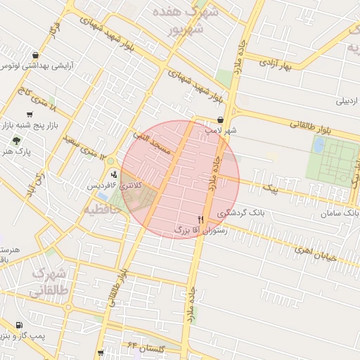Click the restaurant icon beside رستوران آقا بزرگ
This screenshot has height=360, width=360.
point(201,220)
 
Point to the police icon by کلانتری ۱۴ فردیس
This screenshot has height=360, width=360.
point(114,175)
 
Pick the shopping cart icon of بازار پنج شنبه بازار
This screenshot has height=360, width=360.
point(29,115)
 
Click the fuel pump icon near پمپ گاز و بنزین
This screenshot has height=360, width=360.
point(18,325)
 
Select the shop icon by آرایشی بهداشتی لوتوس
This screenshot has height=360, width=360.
point(35,55)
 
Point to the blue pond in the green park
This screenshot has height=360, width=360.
point(319,146)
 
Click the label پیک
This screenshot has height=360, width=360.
point(269,189)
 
